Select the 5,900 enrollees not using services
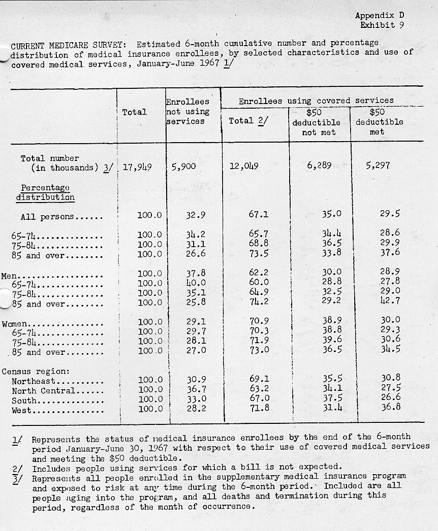[184, 167]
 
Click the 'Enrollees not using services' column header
[187, 111]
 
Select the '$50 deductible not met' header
[316, 122]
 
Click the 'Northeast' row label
[34, 381]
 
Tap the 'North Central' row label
[43, 390]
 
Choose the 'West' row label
[21, 410]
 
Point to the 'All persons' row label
[47, 217]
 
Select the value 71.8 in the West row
[259, 409]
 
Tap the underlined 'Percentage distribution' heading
[45, 192]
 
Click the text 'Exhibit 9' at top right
[382, 25]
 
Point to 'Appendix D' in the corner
[380, 16]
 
